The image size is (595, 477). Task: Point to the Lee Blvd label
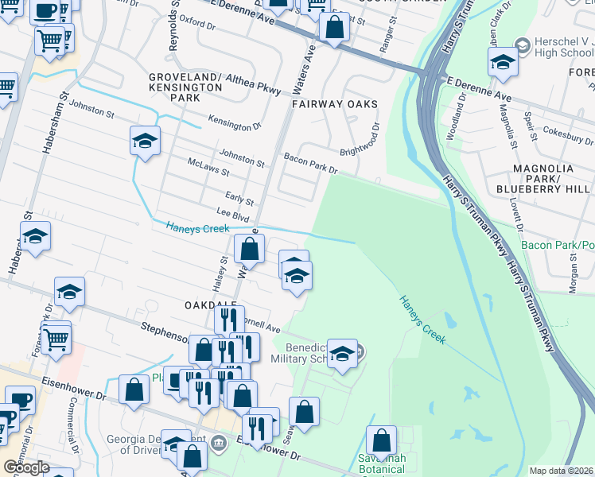[x=233, y=212]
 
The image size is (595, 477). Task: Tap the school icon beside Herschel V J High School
[x=503, y=63]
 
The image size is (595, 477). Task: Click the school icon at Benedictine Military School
[x=343, y=354]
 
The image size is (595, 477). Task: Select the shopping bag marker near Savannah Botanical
[x=382, y=440]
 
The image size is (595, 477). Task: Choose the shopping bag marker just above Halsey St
[x=249, y=248]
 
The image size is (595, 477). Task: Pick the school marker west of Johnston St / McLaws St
[x=144, y=142]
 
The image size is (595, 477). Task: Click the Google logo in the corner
[x=26, y=467]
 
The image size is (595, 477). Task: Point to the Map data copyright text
[x=562, y=471]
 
